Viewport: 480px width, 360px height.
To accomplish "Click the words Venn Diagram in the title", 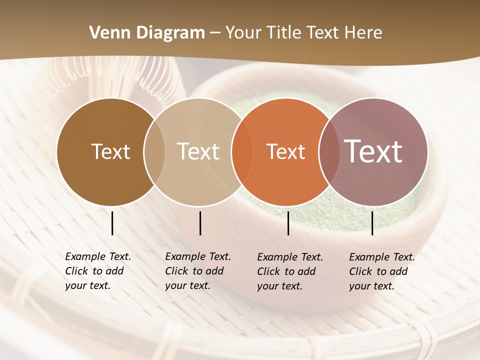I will [147, 33].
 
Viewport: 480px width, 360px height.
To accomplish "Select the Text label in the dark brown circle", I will [110, 151].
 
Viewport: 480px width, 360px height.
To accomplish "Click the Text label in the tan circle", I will [198, 151].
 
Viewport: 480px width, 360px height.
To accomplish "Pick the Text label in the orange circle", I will [285, 151].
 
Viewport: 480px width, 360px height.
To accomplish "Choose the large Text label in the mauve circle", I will [373, 151].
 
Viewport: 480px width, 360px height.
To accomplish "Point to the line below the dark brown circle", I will [112, 223].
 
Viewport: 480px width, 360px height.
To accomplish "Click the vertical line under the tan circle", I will [200, 223].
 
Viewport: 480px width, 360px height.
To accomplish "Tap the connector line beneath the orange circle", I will [288, 223].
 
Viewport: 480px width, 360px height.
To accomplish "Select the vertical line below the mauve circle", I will [372, 223].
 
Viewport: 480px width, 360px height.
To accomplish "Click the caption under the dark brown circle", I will [98, 271].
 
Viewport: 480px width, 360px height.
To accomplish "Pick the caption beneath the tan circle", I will [198, 271].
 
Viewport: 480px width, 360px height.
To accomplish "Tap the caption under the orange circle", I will [290, 271].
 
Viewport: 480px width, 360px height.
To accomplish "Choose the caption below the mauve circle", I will [382, 271].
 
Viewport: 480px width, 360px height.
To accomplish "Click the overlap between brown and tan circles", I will [154, 151].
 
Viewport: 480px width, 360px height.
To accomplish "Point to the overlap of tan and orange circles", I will [237, 151].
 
